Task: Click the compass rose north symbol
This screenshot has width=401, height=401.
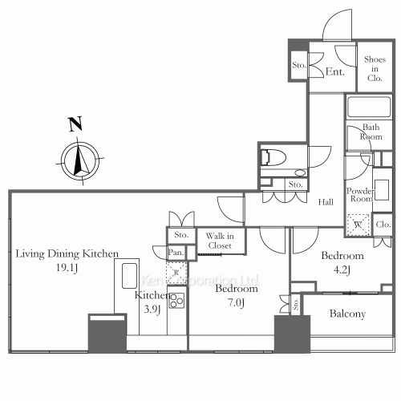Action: point(78,159)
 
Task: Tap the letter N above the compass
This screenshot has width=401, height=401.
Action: point(75,124)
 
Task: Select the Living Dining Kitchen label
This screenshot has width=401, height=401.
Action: point(67,253)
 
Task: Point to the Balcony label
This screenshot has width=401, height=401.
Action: point(347,314)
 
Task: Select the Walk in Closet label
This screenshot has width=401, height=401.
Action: point(219,241)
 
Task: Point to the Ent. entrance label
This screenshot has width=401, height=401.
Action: point(335,72)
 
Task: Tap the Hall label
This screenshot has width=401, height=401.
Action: point(325,202)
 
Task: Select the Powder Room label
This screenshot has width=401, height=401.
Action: point(360,196)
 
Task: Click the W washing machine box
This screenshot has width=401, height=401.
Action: point(356,224)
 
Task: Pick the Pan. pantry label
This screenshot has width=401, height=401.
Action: point(176,253)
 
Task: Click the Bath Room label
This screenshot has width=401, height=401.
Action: point(371,132)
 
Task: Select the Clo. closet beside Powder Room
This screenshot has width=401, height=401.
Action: point(383,225)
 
